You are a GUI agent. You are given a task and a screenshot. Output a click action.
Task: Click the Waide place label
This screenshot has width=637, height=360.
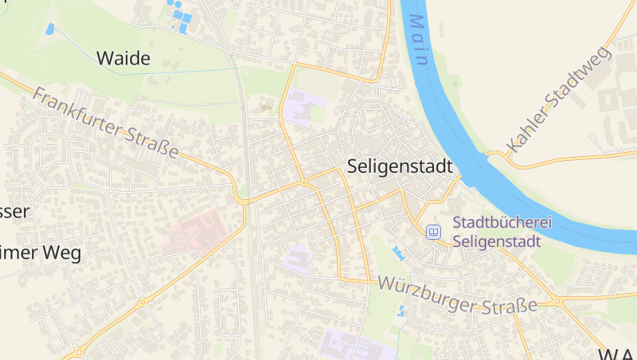click(123, 57)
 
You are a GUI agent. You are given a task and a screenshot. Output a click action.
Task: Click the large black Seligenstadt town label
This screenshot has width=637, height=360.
click(400, 167)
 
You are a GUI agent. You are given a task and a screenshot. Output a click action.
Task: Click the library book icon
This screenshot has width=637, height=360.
click(434, 232)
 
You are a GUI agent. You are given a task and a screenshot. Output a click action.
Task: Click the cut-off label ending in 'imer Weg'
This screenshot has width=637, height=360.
click(41, 253)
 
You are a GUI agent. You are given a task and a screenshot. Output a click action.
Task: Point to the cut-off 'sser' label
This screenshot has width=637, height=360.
click(14, 211)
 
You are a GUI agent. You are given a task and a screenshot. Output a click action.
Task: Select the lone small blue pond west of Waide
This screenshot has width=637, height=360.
click(50, 29)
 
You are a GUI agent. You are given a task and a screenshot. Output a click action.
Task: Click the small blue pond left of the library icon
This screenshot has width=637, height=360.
click(397, 253)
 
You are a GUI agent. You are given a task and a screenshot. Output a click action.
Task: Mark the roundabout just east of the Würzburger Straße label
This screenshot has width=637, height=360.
click(557, 302)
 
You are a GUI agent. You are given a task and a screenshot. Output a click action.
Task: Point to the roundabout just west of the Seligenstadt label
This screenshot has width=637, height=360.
click(303, 183)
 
